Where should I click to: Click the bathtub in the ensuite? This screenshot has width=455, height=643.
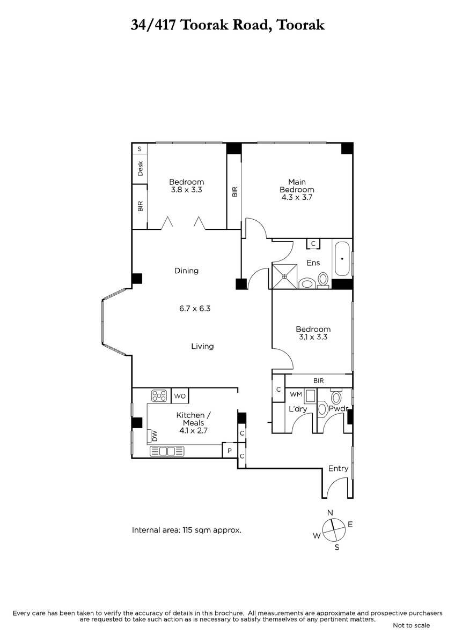342,259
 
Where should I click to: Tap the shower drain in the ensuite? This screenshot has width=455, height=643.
284,276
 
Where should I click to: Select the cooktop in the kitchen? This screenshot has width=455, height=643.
159,396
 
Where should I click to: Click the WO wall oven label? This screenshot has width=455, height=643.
180,396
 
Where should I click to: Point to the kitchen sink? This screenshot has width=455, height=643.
167,451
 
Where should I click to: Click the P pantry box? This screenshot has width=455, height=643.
229,451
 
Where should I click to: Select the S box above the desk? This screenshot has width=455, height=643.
140,149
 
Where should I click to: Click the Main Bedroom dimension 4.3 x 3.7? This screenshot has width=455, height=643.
297,197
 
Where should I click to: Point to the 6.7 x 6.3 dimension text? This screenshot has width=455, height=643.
195,309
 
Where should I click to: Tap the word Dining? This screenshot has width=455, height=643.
187,271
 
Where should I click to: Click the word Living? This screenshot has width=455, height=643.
202,346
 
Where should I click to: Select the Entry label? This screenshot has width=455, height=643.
339,468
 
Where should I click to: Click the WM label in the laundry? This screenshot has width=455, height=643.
296,394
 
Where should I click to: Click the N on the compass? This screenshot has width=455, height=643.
330,513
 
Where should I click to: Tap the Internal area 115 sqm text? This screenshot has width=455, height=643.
187,530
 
